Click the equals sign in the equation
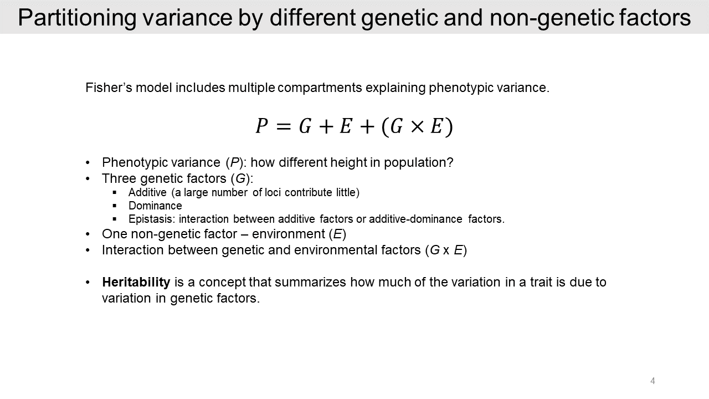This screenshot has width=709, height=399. point(282,127)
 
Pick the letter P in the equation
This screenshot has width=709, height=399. point(261,127)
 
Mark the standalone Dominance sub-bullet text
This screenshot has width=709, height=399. point(155,206)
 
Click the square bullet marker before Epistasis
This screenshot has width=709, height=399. point(115,219)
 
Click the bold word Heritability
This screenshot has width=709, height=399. point(136,282)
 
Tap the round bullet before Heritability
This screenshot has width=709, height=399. point(88,283)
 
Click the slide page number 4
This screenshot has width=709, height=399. point(653,381)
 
